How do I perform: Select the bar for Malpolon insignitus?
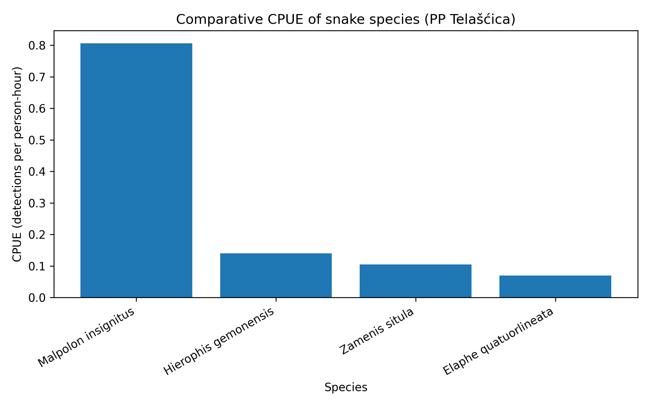tap(136, 170)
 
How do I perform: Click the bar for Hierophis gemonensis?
tap(276, 275)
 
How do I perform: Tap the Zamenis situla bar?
tap(415, 281)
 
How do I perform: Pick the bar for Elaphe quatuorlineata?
tap(555, 286)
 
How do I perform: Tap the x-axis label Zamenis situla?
tap(377, 331)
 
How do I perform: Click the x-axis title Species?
tap(346, 387)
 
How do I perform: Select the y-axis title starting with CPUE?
tap(17, 164)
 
